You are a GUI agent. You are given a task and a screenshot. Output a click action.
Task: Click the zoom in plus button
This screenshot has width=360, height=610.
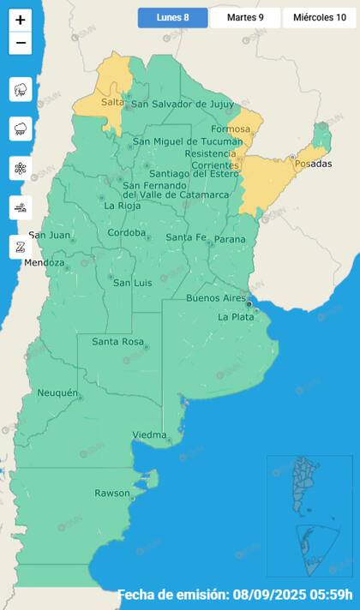pos(21,20)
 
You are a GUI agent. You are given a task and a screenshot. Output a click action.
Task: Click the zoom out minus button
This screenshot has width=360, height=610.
pos(21,43)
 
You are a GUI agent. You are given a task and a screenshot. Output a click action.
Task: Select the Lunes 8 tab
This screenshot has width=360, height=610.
pos(173,17)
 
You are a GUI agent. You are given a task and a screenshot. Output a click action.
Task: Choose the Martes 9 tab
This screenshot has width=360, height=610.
pos(245,17)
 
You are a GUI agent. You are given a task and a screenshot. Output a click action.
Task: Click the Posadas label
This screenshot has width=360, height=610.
pos(312,163)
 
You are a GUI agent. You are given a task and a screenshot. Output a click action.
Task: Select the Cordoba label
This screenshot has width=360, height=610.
pos(127,232)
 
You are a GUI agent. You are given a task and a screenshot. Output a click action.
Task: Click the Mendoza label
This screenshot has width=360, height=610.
pos(44,262)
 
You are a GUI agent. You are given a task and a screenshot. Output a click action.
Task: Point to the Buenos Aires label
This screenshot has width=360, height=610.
pos(215,298)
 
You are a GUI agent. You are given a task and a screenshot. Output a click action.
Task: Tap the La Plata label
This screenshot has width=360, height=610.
pos(235,316)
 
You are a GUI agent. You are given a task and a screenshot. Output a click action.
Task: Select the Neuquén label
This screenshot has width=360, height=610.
pos(57,393)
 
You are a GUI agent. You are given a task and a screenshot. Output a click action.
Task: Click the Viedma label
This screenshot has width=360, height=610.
pos(149,435)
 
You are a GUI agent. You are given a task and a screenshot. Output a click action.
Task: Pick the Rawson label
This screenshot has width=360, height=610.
pos(112,493)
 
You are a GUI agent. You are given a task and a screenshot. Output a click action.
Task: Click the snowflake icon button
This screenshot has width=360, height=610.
pos(21,168)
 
